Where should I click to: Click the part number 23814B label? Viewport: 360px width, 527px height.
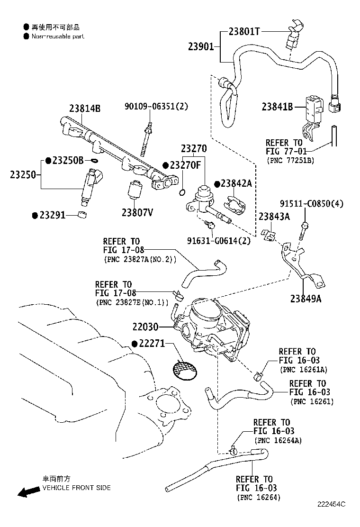pos(85,108)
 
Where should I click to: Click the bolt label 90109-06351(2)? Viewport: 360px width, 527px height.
pos(156,106)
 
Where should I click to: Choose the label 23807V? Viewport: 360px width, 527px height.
pos(137,212)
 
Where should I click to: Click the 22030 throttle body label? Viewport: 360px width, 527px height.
pos(145,327)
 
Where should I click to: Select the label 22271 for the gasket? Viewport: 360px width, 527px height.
pos(151,343)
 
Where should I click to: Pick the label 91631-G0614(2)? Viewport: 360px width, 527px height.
pos(219,240)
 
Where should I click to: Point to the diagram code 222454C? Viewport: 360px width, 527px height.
pos(332,517)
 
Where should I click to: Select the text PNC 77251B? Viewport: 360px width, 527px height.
pos(290,160)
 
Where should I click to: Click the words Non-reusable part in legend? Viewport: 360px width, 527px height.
pos(58,36)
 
